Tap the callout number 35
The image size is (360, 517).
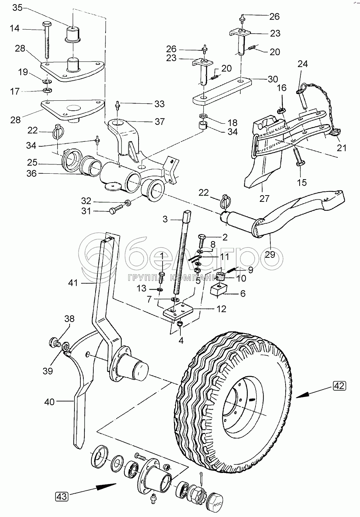(17, 8)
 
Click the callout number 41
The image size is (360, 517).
(73, 283)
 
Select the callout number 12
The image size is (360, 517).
(221, 309)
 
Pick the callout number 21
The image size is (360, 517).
(341, 148)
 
